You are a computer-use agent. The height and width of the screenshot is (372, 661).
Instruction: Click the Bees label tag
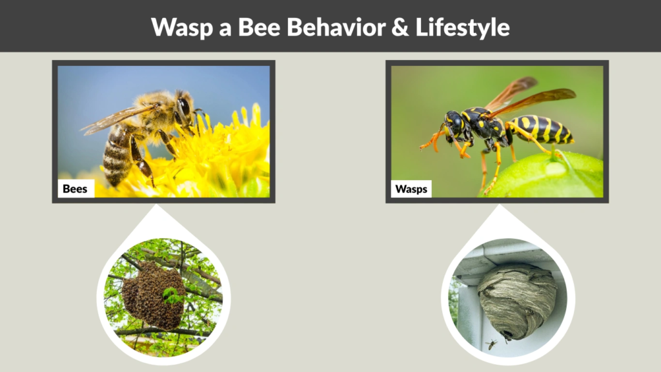(76, 189)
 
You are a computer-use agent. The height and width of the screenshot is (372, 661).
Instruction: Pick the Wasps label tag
(411, 189)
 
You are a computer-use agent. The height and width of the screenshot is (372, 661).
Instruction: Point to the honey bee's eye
(184, 107)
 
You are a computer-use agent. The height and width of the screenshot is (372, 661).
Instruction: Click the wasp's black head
(454, 122)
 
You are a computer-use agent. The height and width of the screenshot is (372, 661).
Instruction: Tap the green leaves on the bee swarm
(172, 295)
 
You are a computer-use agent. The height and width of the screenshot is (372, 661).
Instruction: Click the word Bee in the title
(248, 27)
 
